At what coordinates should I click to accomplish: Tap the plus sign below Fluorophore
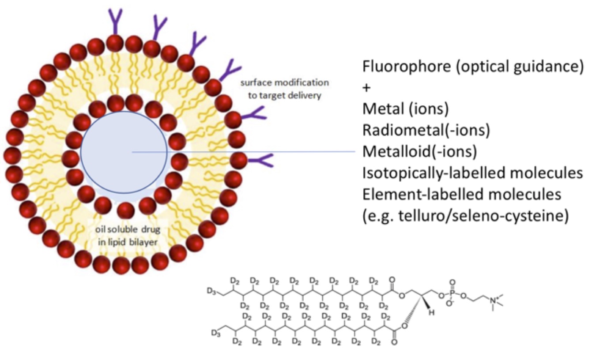click(x=366, y=88)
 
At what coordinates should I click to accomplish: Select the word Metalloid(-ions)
click(x=419, y=152)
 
